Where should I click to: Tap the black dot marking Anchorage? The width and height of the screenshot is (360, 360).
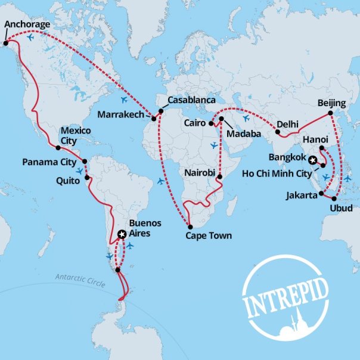coord(5,42)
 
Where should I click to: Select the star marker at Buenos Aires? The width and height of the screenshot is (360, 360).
coord(122,235)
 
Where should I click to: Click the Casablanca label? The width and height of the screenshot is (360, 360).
coord(191,100)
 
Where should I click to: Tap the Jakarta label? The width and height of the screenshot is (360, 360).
coord(300,194)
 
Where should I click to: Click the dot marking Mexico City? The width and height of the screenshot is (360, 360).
coord(58,147)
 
